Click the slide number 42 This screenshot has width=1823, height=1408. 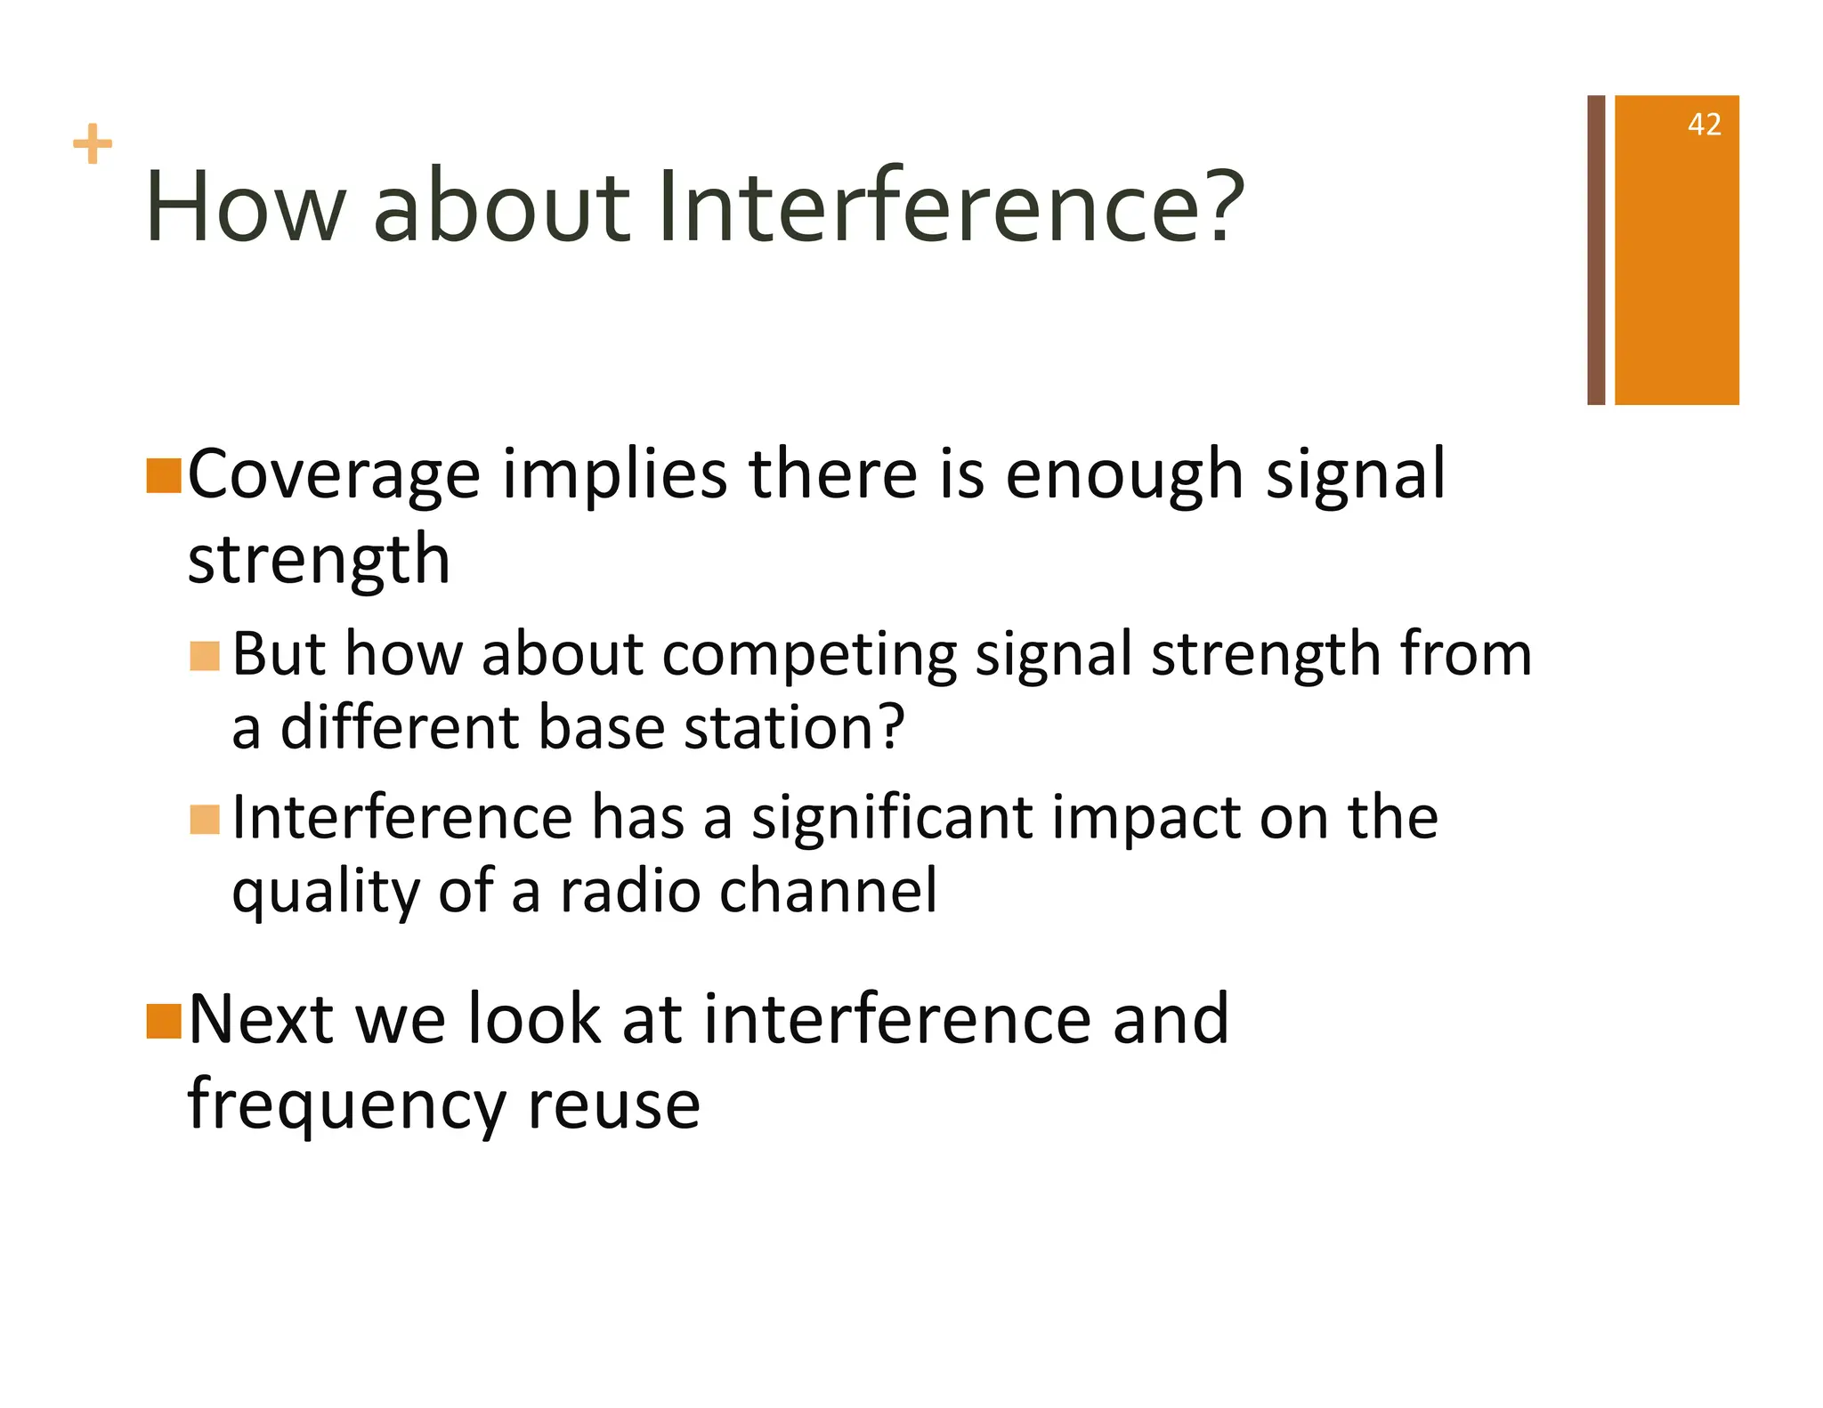(x=1704, y=125)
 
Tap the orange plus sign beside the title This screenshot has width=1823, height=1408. (x=93, y=144)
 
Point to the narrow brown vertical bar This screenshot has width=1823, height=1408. (x=1596, y=249)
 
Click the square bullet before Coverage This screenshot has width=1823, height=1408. (x=164, y=476)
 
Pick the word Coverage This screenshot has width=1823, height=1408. (x=334, y=476)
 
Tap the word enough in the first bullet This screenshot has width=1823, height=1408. (x=1124, y=476)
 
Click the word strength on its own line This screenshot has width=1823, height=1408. (x=319, y=561)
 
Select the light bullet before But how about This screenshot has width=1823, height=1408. (x=205, y=657)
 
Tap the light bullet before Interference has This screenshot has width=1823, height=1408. (x=205, y=820)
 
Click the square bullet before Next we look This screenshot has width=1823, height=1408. (x=164, y=1021)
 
